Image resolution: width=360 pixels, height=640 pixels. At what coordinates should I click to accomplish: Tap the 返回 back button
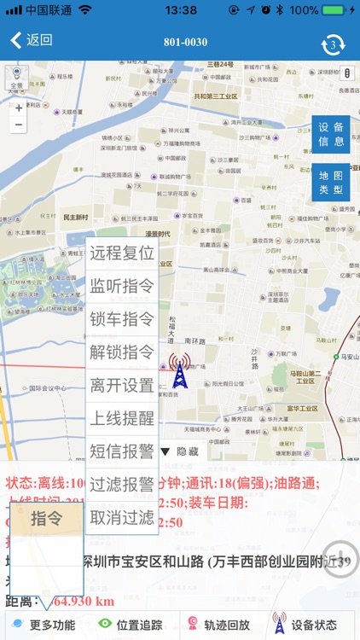(32, 40)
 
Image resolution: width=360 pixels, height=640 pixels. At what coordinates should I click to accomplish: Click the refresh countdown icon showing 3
(333, 44)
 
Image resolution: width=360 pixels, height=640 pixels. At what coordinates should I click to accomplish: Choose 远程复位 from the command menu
(122, 253)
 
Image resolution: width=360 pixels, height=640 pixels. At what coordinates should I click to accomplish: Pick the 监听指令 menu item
(122, 286)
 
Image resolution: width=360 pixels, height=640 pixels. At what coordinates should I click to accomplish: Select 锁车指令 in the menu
(122, 319)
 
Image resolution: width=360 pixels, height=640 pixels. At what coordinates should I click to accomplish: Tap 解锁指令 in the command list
(122, 352)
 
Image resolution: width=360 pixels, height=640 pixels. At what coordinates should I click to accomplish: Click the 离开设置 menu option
(122, 385)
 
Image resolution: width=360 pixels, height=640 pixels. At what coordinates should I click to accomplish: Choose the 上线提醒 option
(122, 418)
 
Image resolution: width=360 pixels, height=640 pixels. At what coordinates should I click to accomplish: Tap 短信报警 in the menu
(122, 451)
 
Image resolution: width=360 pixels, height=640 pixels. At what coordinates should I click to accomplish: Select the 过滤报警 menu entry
(122, 484)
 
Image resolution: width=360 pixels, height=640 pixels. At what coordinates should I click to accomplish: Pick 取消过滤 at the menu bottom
(122, 517)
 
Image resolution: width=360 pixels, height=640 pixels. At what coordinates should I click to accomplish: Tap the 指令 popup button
(47, 518)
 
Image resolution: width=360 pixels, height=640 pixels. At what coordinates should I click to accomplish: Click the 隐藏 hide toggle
(179, 451)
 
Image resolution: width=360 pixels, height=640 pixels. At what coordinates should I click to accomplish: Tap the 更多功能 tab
(44, 625)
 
